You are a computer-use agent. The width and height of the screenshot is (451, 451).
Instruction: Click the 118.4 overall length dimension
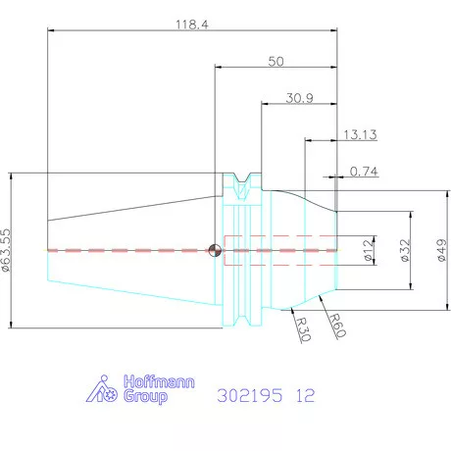click(x=192, y=25)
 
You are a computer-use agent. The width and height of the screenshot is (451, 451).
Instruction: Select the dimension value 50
click(x=276, y=62)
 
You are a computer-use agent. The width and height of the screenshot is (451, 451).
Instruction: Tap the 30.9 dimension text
click(x=299, y=98)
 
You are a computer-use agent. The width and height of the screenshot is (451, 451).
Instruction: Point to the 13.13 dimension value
click(x=360, y=134)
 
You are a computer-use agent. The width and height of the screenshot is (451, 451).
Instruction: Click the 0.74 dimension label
click(x=364, y=172)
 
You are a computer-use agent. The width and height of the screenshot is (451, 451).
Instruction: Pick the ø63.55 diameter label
click(x=6, y=250)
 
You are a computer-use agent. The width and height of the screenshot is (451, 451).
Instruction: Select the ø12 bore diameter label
click(x=369, y=250)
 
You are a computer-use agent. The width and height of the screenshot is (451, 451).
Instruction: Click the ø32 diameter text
click(x=405, y=250)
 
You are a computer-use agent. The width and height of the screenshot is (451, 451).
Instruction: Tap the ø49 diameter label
click(x=441, y=250)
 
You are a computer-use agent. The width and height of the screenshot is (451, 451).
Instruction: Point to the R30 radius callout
click(x=303, y=328)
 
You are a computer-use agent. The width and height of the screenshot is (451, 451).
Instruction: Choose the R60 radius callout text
click(x=337, y=326)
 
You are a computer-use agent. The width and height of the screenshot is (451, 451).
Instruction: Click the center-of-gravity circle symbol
click(x=215, y=250)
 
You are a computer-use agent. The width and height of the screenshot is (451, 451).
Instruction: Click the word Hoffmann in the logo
click(x=159, y=381)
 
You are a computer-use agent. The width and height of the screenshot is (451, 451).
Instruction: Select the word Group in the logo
click(x=145, y=396)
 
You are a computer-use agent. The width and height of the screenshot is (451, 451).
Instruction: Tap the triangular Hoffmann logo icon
click(x=102, y=389)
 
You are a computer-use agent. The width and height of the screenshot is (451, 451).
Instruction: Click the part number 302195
click(x=249, y=395)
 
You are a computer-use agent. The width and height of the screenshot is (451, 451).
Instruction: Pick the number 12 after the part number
click(x=305, y=395)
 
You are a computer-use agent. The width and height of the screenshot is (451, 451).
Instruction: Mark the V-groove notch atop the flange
click(x=242, y=179)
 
